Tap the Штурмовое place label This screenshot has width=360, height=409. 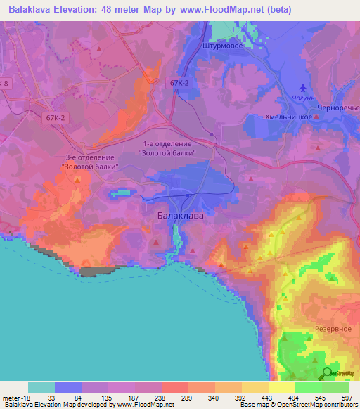click(222, 47)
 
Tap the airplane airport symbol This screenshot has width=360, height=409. click(303, 88)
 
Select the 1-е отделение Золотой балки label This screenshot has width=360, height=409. click(167, 148)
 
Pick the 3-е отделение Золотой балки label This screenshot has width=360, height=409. click(89, 162)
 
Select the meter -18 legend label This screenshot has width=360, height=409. click(15, 398)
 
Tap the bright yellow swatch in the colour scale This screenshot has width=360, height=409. click(281, 387)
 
